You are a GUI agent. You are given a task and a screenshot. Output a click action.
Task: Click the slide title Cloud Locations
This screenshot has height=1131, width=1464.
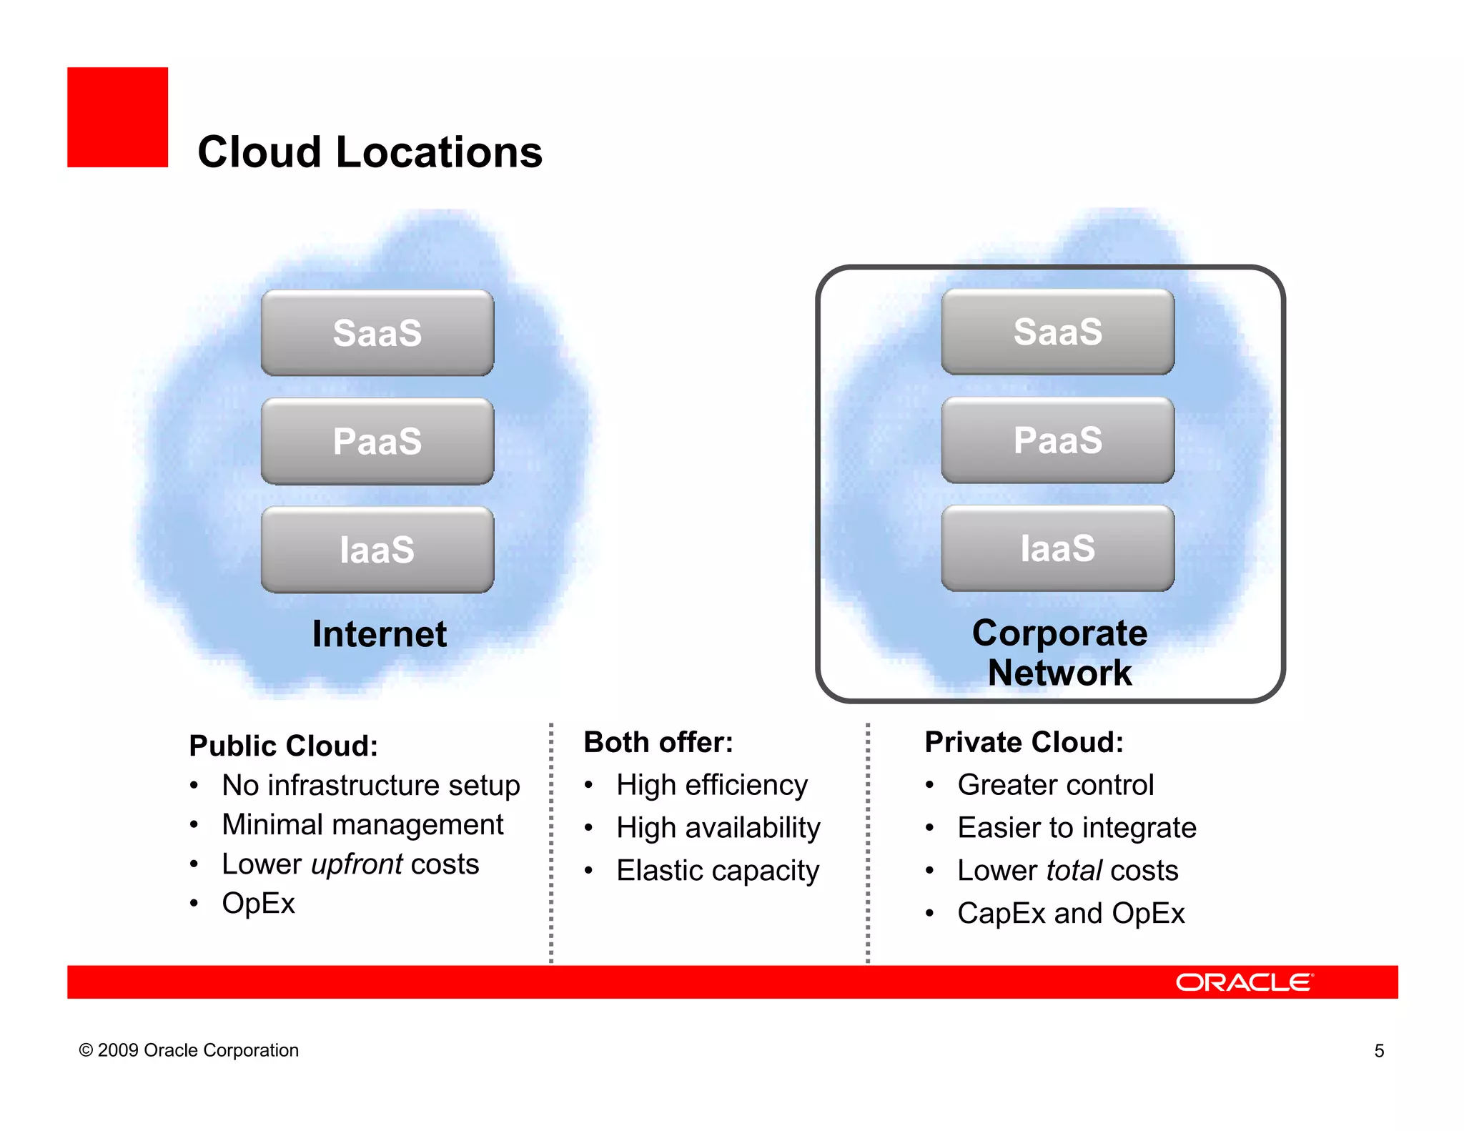(370, 152)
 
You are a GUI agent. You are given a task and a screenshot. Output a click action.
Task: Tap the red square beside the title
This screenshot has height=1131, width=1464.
(117, 117)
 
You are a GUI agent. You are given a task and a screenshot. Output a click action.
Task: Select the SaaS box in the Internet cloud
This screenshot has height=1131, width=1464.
(377, 333)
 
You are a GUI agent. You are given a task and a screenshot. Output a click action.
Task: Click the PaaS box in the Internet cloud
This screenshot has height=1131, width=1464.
(377, 441)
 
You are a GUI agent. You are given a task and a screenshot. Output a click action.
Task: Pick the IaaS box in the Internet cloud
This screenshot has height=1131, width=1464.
(377, 550)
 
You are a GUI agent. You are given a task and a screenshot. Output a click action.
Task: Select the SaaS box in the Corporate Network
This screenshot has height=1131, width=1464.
(1057, 332)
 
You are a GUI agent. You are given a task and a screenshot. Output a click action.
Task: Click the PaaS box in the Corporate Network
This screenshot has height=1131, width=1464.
(1057, 440)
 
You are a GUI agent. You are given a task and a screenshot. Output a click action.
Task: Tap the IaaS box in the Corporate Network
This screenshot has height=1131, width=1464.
(1057, 548)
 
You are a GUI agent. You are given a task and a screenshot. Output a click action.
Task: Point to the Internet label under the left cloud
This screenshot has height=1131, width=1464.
(379, 634)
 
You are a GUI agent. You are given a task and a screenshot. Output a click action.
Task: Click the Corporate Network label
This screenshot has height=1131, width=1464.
(1059, 652)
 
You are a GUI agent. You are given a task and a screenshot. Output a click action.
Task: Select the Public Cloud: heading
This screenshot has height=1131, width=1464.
(283, 746)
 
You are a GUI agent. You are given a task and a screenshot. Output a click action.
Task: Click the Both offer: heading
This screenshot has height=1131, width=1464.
(658, 742)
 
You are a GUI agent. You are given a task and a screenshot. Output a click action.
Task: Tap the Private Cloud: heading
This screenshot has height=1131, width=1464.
(1024, 742)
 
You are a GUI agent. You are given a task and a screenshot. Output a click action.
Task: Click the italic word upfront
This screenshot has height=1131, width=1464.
(357, 864)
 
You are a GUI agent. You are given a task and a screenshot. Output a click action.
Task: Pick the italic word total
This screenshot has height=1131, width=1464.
(1074, 871)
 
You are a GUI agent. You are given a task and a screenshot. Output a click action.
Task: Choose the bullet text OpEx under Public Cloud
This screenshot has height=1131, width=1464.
(258, 903)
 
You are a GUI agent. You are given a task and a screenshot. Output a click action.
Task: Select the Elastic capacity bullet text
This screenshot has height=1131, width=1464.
(718, 871)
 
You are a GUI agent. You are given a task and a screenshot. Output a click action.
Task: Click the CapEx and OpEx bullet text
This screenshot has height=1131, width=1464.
(1071, 914)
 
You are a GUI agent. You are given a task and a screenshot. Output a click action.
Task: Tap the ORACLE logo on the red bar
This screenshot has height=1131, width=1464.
(1244, 982)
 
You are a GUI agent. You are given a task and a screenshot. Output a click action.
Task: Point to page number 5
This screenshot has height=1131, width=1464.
(1379, 1051)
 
